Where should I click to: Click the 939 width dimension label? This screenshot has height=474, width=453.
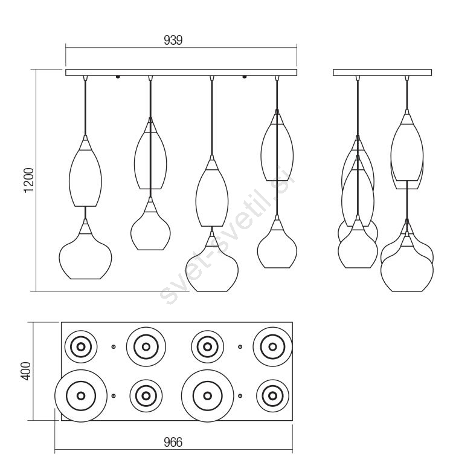[x=173, y=40]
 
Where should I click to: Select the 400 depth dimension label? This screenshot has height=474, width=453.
[x=27, y=371]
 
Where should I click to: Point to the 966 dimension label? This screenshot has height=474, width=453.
[x=173, y=443]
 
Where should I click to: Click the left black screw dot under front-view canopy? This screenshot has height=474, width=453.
[x=118, y=77]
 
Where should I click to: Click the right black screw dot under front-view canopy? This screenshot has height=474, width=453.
[x=244, y=77]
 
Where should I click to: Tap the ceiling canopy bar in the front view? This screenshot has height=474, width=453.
[x=181, y=73]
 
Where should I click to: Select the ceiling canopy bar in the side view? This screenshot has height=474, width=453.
[x=382, y=73]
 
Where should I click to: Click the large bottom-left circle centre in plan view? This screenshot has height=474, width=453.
[x=81, y=395]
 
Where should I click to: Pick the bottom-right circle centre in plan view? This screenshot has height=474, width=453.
[x=272, y=395]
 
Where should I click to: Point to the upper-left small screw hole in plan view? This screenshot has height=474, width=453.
[x=114, y=347]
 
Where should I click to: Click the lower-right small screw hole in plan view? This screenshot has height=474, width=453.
[x=240, y=395]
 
